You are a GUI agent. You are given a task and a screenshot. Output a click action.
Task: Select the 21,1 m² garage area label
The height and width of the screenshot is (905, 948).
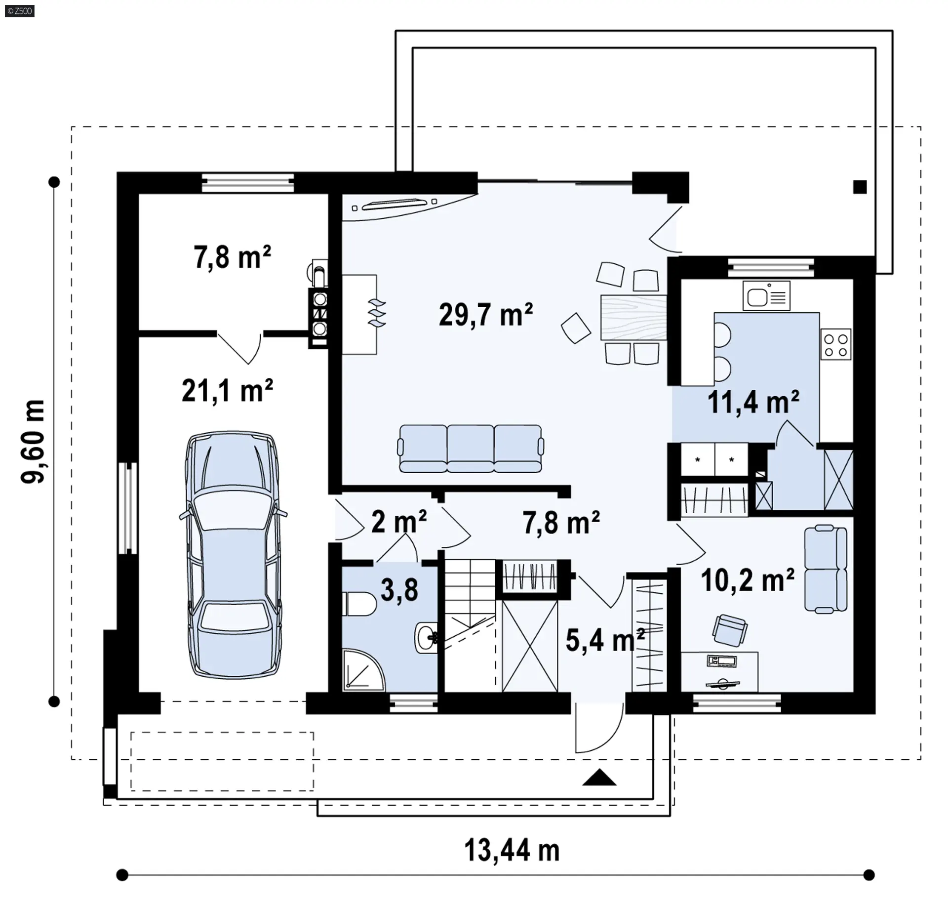tap(227, 391)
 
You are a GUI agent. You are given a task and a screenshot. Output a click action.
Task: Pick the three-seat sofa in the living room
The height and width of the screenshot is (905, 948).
tap(471, 449)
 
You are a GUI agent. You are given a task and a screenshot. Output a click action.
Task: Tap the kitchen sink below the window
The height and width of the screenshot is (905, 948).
tap(766, 295)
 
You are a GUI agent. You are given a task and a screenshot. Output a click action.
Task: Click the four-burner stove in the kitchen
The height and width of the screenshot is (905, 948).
tap(836, 344)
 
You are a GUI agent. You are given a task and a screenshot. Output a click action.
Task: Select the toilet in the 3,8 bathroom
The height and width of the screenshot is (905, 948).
tap(359, 604)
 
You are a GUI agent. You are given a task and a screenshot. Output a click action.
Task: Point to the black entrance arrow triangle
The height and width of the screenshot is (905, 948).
tap(599, 777)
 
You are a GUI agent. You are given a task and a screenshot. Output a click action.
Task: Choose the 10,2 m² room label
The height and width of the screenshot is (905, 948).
tap(748, 580)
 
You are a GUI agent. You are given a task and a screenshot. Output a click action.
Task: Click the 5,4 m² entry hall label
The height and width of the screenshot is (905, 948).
tap(605, 640)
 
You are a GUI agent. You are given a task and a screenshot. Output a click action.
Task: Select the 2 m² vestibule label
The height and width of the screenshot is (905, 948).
tap(399, 522)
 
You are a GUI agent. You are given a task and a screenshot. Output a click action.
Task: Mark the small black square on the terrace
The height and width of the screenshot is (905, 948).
tap(860, 187)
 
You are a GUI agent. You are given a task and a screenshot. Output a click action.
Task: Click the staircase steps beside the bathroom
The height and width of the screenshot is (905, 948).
tap(470, 603)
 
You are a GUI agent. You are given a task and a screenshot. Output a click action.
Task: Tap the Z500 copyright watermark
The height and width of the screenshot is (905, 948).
tap(20, 11)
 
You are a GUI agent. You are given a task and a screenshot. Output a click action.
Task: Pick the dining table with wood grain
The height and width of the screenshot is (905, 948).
tap(633, 317)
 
